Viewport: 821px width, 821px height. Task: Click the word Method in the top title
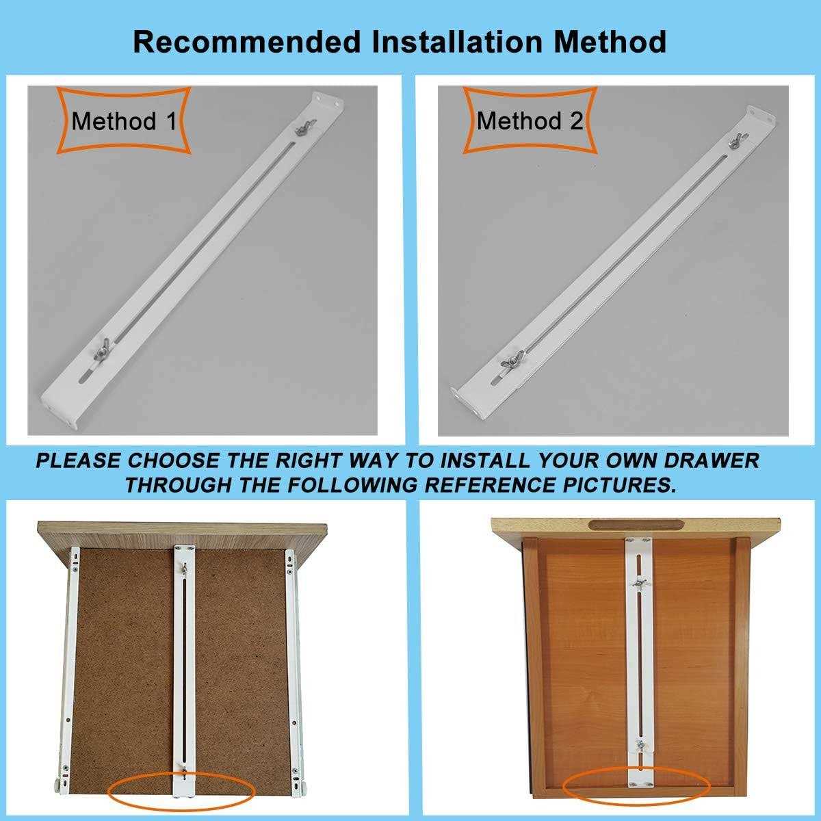point(610,42)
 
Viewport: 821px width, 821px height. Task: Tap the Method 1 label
point(124,121)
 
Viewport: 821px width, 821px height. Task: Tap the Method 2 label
point(530,121)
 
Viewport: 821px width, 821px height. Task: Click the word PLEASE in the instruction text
point(79,460)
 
